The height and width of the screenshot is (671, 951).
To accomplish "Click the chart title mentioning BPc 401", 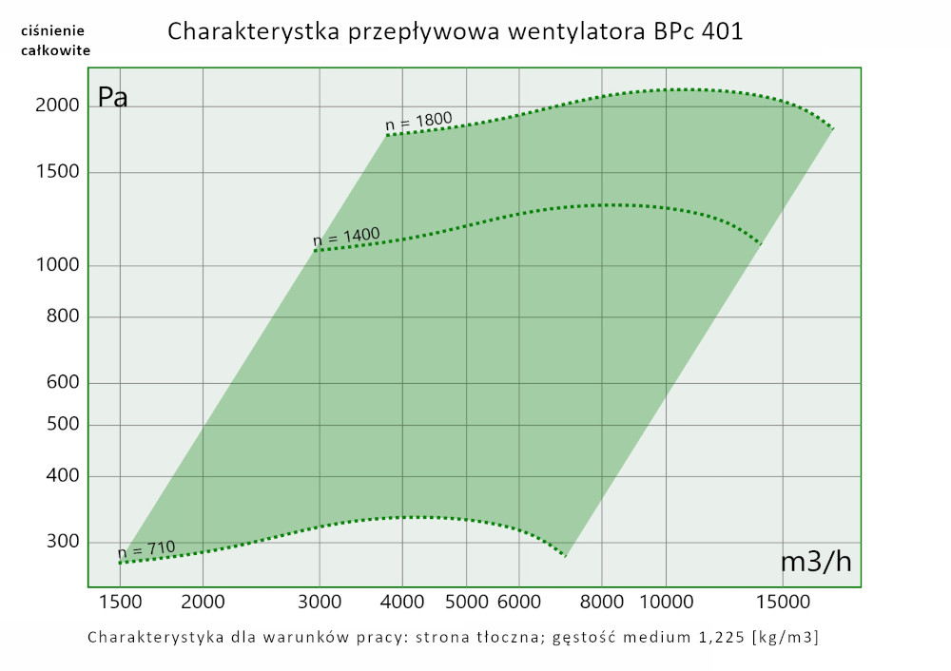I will click(455, 31).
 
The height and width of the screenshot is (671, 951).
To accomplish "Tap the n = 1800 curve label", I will click(418, 122).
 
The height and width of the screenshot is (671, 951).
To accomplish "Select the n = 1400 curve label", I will click(346, 236).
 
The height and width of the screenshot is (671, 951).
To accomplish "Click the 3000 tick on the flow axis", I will click(319, 601).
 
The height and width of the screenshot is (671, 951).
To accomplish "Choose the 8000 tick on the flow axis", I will click(602, 601).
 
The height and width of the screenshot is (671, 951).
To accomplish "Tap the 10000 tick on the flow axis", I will click(666, 601).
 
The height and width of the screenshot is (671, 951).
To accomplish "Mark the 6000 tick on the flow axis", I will click(519, 601).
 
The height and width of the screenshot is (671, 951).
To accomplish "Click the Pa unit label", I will click(112, 97).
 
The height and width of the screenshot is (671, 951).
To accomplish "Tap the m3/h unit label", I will click(815, 562).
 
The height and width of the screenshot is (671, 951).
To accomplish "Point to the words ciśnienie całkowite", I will click(55, 40).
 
